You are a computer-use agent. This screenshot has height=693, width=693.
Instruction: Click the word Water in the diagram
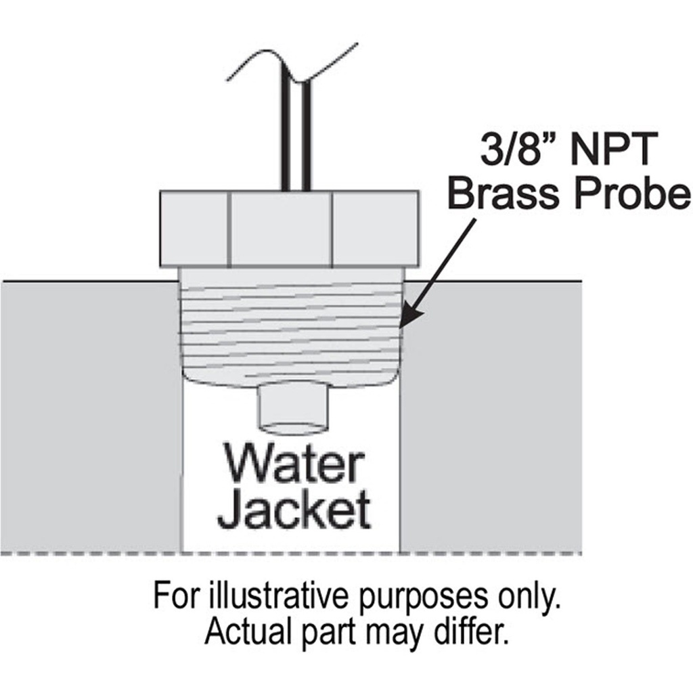tap(295, 464)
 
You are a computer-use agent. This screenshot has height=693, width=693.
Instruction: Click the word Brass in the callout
tap(504, 193)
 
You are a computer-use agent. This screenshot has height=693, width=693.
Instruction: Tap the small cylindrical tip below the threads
tap(294, 409)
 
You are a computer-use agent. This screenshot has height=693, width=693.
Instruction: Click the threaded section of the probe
tap(292, 330)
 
